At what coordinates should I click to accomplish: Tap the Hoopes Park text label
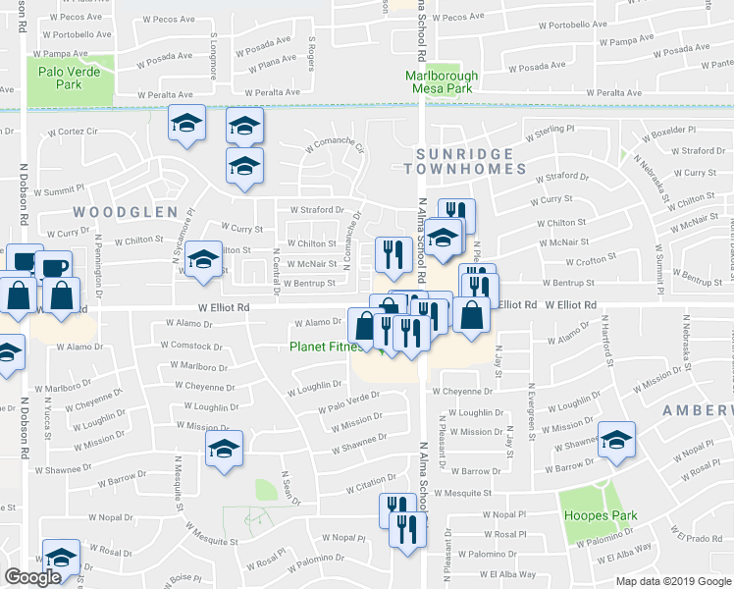pyautogui.click(x=599, y=516)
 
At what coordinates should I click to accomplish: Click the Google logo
pyautogui.click(x=32, y=577)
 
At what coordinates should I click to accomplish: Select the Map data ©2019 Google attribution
pyautogui.click(x=673, y=581)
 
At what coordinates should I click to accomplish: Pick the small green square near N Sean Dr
pyautogui.click(x=266, y=490)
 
